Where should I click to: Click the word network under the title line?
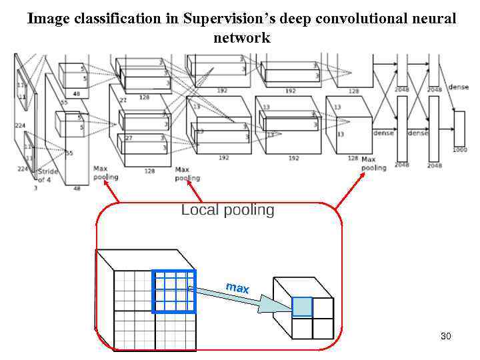(x=241, y=37)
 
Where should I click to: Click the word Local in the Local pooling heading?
(x=200, y=211)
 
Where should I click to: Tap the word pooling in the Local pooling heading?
(x=248, y=211)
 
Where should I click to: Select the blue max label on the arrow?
(x=237, y=288)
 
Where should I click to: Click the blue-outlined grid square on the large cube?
(x=174, y=291)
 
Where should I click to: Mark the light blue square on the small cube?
(x=302, y=307)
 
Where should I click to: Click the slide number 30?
(x=446, y=336)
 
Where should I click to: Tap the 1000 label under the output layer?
(x=460, y=150)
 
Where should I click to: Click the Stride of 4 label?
(x=48, y=175)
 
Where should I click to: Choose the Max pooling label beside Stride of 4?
(x=105, y=173)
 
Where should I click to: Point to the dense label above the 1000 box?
(x=459, y=87)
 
